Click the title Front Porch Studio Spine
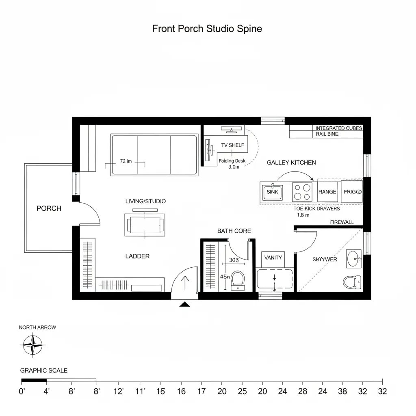tap(207, 29)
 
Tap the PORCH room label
tap(49, 208)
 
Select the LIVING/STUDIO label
tap(145, 201)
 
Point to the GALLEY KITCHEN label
tap(291, 162)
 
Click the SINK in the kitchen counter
tap(273, 192)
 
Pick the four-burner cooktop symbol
tap(302, 192)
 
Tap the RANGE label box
tap(327, 192)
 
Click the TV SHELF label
tap(232, 145)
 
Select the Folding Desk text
tap(232, 161)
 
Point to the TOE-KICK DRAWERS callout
tap(316, 208)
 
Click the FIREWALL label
tap(342, 222)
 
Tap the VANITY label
tap(273, 258)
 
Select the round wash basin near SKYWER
tap(354, 258)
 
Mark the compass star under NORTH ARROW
tap(32, 344)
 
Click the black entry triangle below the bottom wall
tap(185, 304)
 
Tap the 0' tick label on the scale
tap(22, 392)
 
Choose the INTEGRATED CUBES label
tap(339, 128)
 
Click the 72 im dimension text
tap(126, 161)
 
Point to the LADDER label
tap(137, 256)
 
